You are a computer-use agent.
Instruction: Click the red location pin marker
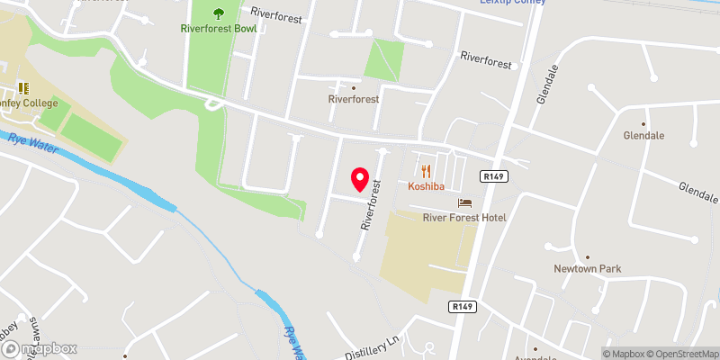pyautogui.click(x=360, y=180)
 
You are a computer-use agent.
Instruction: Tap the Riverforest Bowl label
pyautogui.click(x=218, y=29)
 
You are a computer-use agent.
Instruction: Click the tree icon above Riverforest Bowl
pyautogui.click(x=218, y=13)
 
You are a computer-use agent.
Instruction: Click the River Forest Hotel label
pyautogui.click(x=464, y=218)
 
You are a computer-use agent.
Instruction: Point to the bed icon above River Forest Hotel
pyautogui.click(x=464, y=202)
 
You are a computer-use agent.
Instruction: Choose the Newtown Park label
pyautogui.click(x=588, y=269)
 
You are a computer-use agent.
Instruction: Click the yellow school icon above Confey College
pyautogui.click(x=22, y=87)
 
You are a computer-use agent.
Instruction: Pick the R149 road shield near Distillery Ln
pyautogui.click(x=462, y=307)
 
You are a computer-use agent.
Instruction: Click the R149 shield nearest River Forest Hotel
pyautogui.click(x=491, y=175)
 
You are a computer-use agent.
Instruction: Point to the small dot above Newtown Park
pyautogui.click(x=588, y=256)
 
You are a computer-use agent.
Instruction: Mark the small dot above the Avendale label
pyautogui.click(x=534, y=348)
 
